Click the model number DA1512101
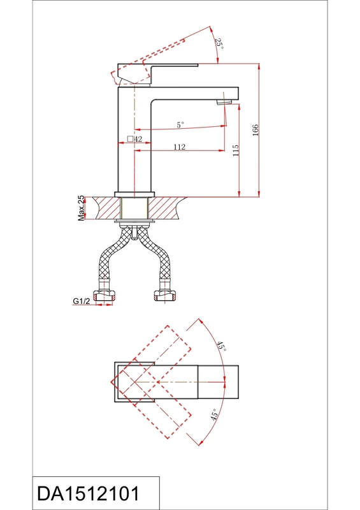88,493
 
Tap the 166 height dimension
256,130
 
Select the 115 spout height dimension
236,150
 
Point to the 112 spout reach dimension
179,147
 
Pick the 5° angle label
180,124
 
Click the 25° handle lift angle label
220,43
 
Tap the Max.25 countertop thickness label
81,208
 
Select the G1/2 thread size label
81,301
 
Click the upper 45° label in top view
221,346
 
